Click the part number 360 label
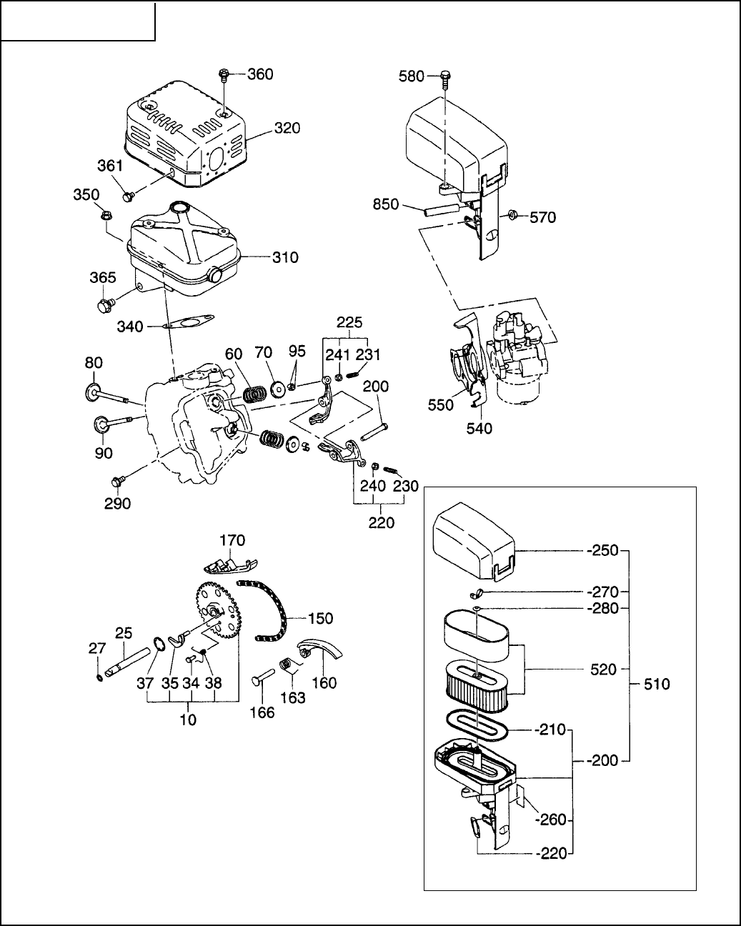pos(260,74)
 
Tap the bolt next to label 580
pos(445,81)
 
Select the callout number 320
pos(287,128)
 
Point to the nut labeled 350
pos(104,215)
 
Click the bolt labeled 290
pos(117,481)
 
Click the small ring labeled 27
pos(99,679)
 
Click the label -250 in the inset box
pos(602,550)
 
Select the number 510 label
pos(657,684)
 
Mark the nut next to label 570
pos(512,215)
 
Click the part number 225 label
pos(349,322)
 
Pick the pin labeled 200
pos(374,432)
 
